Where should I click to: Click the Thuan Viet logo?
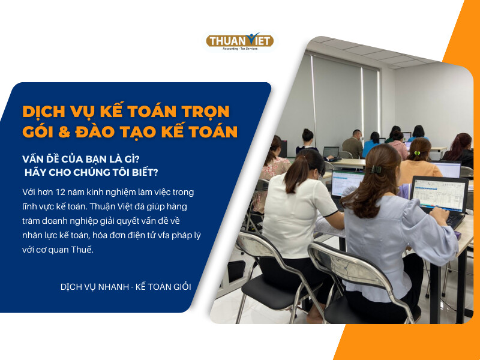tap(239, 41)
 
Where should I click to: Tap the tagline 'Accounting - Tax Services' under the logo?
tap(240, 49)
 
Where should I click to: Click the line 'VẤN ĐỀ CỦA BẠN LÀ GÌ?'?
tap(81, 159)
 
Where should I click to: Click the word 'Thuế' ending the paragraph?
tap(82, 249)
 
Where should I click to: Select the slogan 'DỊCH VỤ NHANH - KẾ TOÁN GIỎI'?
tap(126, 287)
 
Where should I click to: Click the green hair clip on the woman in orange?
tap(416, 153)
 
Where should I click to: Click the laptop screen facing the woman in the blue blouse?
tap(439, 194)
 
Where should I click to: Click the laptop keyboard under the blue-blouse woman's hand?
tap(455, 219)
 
